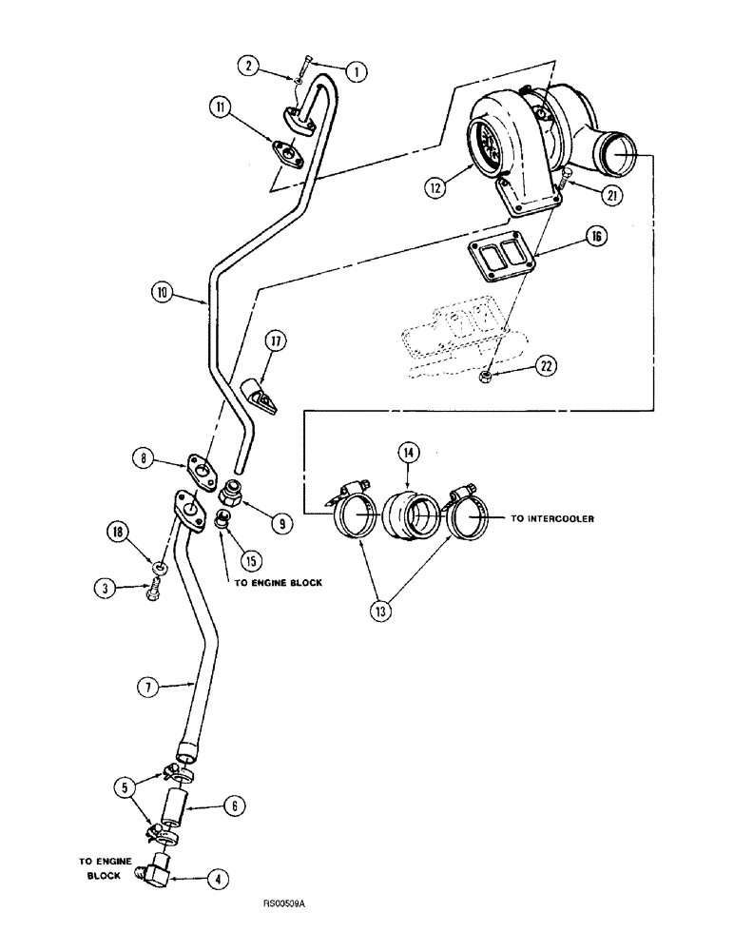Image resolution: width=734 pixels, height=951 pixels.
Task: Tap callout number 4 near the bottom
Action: (220, 881)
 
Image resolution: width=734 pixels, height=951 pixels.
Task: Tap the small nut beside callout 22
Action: (486, 379)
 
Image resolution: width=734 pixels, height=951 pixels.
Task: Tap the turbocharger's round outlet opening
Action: (613, 152)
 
